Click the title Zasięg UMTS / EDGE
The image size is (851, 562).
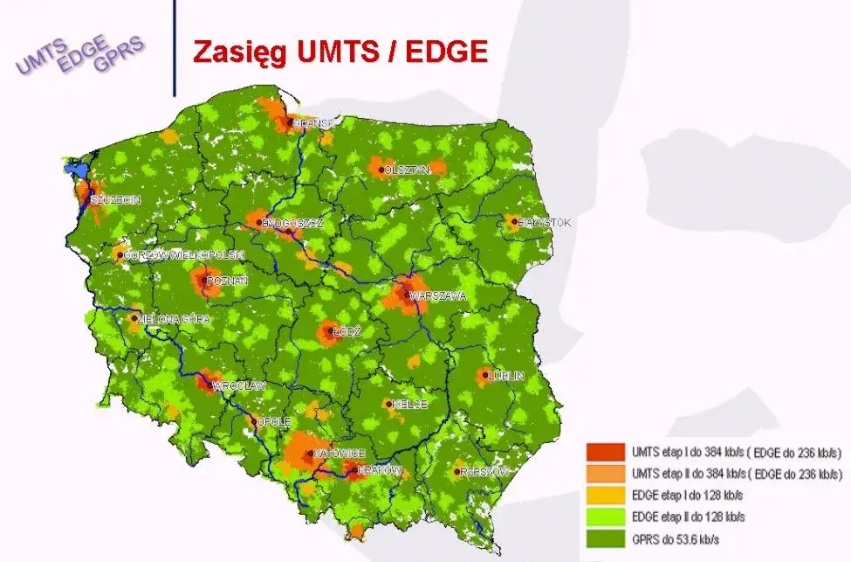340,51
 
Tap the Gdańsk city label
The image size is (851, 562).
315,123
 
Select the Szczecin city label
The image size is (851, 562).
116,200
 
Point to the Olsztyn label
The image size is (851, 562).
407,170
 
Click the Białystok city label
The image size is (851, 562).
544,223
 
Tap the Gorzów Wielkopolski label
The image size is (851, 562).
184,254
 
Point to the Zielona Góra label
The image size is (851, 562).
175,320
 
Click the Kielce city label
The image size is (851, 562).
410,405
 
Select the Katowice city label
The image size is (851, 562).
340,454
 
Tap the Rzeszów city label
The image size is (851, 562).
484,472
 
